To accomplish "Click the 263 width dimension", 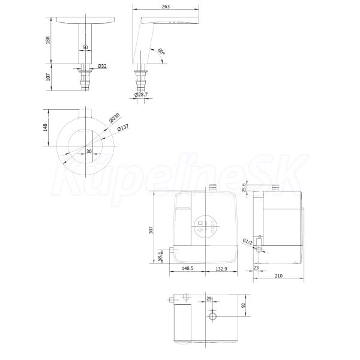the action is [x=166, y=7].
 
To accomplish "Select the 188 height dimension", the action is [x=48, y=40].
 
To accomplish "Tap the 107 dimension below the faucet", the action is [x=48, y=77].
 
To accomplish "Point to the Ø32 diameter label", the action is [x=102, y=66].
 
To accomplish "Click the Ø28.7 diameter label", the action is [x=141, y=94].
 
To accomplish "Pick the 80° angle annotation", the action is [x=161, y=52].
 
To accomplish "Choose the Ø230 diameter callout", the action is [x=115, y=118].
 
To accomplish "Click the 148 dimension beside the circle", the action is [x=45, y=127].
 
